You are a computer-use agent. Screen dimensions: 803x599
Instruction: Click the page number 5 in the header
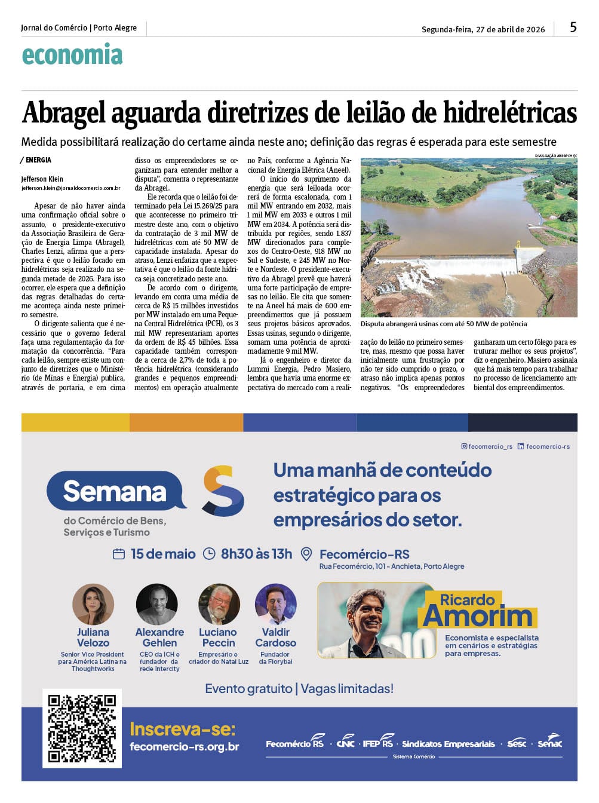tap(573, 27)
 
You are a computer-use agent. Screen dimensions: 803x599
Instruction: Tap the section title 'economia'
tap(72, 55)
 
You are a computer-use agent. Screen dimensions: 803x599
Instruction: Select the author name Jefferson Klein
tap(42, 179)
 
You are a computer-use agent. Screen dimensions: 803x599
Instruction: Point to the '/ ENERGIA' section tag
tap(36, 160)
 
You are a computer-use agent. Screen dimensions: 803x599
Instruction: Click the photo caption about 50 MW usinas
tap(444, 324)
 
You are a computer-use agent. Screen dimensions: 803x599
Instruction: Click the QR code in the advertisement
tap(82, 728)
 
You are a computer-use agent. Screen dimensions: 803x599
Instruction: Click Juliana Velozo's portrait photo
tap(93, 604)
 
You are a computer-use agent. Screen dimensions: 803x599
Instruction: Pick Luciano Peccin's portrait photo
tap(219, 604)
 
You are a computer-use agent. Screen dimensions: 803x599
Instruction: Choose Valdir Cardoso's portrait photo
tap(275, 604)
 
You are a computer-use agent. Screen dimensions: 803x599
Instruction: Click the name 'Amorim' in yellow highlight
tap(477, 616)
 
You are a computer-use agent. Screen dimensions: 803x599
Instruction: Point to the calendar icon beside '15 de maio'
tap(119, 554)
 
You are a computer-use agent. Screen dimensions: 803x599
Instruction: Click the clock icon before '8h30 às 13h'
tap(209, 554)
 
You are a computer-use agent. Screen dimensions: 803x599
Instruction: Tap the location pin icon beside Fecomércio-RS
tap(306, 554)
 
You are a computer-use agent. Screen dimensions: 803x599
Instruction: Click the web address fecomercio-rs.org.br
tap(185, 747)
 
